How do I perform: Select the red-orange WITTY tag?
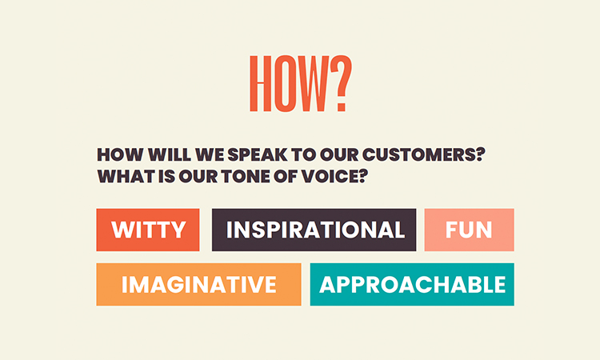[148, 230]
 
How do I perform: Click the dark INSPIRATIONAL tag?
[314, 230]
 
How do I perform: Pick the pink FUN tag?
[469, 230]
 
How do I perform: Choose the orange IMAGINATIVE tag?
[198, 285]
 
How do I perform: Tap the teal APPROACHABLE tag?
[412, 285]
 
